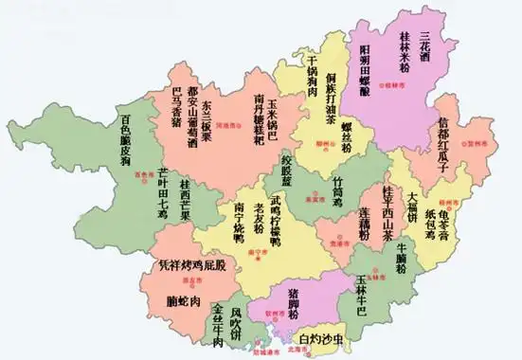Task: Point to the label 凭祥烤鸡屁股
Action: tap(193, 265)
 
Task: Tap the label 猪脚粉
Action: tap(295, 301)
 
